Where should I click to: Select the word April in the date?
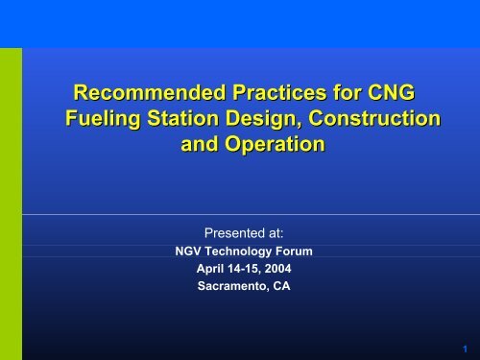(209, 269)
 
